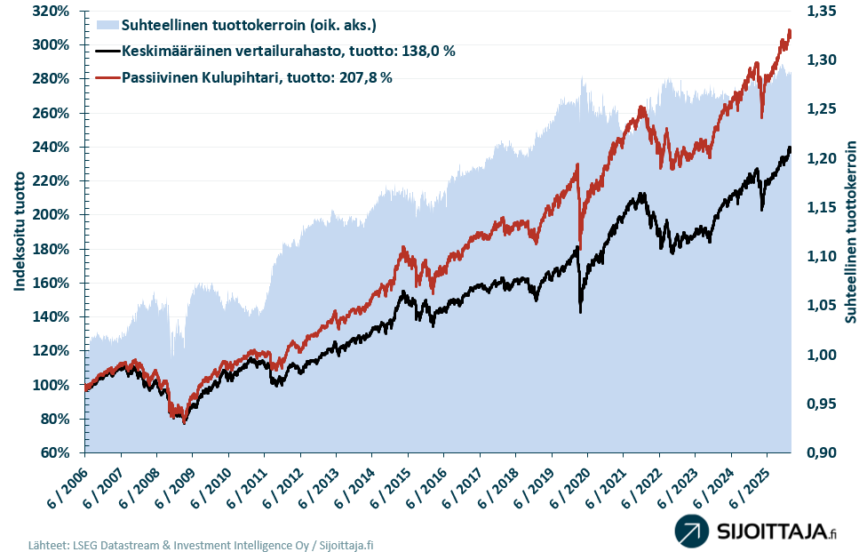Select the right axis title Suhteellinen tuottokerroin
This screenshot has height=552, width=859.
click(x=850, y=231)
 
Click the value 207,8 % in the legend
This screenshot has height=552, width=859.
click(x=361, y=78)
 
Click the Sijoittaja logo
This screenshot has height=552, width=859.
click(x=755, y=532)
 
